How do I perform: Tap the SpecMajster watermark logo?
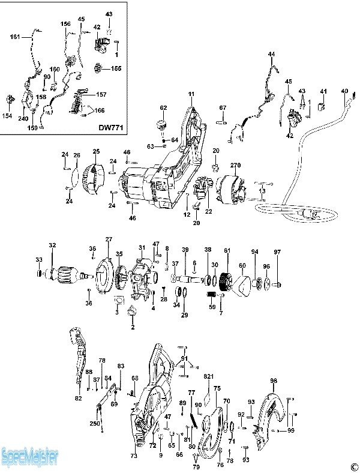pyautogui.click(x=30, y=457)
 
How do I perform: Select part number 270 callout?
pyautogui.click(x=235, y=164)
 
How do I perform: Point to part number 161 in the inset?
pyautogui.click(x=14, y=37)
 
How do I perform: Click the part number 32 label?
pyautogui.click(x=53, y=245)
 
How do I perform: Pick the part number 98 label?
pyautogui.click(x=274, y=381)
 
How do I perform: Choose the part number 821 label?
pyautogui.click(x=208, y=376)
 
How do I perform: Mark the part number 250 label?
pyautogui.click(x=95, y=424)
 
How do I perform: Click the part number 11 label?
pyautogui.click(x=191, y=94)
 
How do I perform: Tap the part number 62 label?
pyautogui.click(x=163, y=107)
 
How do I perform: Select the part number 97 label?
pyautogui.click(x=277, y=252)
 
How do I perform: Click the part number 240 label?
pyautogui.click(x=23, y=119)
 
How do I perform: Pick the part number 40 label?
pyautogui.click(x=344, y=91)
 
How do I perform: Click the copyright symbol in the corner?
pyautogui.click(x=354, y=466)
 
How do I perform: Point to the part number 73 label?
pyautogui.click(x=134, y=456)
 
